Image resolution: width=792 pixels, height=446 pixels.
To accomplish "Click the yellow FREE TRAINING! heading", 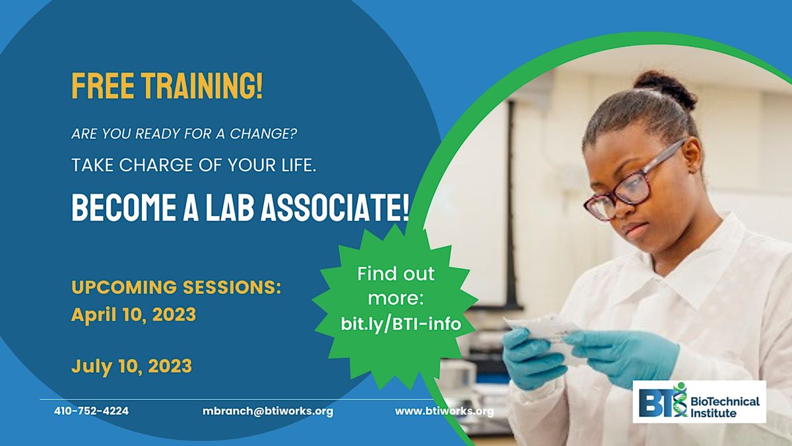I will (x=167, y=87).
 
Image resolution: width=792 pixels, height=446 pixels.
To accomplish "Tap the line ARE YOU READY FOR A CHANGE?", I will (x=184, y=134).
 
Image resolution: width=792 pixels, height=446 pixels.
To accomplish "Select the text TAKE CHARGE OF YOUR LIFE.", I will (x=194, y=165).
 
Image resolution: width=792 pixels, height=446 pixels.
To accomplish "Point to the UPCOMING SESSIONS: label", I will (x=176, y=287).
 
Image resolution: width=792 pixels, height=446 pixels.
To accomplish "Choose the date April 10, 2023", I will (x=133, y=315).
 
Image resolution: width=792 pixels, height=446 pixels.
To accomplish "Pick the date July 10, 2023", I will (x=131, y=365).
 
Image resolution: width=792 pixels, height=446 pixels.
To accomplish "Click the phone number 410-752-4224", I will (x=91, y=411).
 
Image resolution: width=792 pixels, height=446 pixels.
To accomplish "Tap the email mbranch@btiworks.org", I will (x=268, y=411).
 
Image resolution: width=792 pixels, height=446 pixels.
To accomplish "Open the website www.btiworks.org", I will (x=444, y=411).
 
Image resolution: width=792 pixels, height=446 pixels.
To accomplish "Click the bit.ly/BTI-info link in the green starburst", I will (x=401, y=324).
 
